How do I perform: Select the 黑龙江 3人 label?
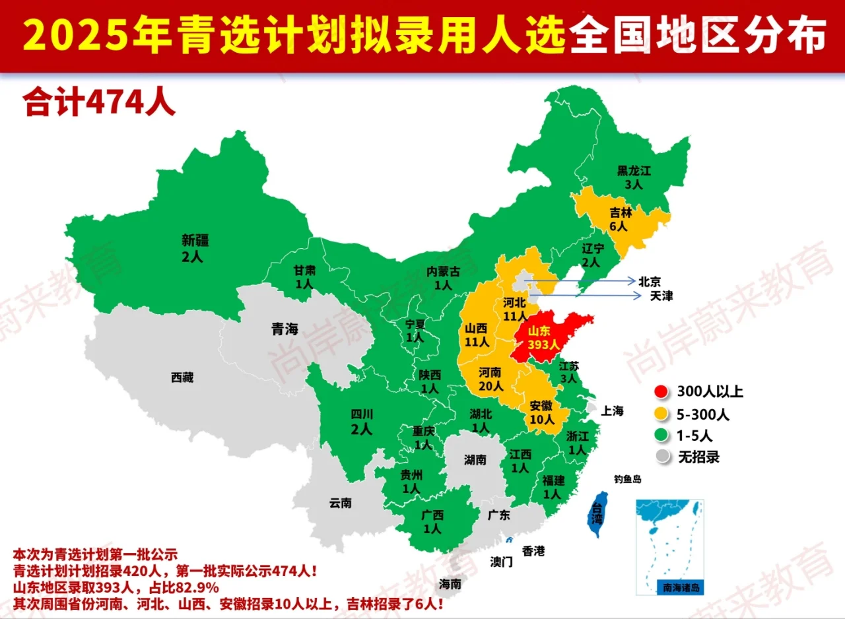pos(634,178)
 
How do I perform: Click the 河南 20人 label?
pos(490,380)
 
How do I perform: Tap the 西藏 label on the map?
pos(182,377)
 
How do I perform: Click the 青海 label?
pos(285,329)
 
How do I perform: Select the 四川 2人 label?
pos(362,421)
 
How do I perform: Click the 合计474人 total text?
pos(99,102)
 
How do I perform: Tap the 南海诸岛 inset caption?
pos(671,587)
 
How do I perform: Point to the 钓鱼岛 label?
pos(627,479)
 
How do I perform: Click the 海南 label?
pos(451,584)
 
